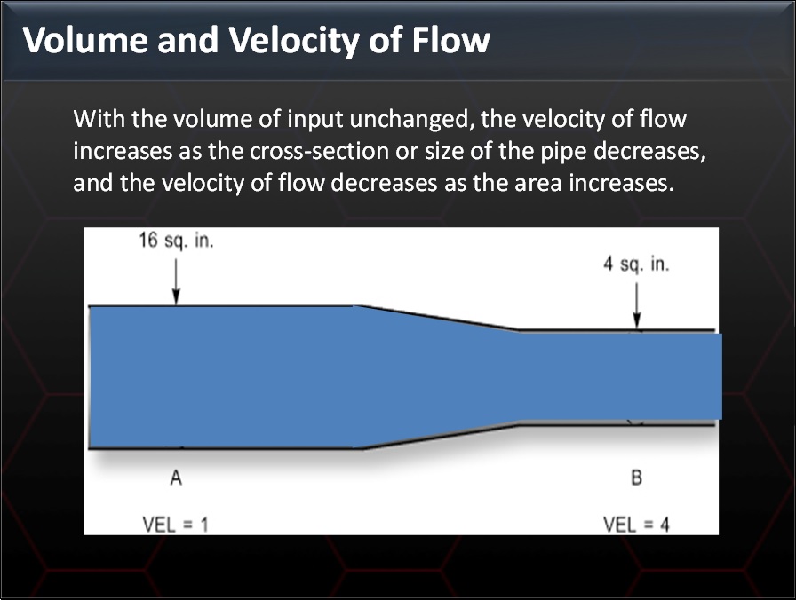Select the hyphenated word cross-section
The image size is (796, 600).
310,151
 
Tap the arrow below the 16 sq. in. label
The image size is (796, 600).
176,282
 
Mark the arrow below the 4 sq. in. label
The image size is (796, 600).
636,306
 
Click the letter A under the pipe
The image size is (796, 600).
176,479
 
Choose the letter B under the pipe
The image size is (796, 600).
636,479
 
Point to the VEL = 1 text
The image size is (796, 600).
176,524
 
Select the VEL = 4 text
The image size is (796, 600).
636,524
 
